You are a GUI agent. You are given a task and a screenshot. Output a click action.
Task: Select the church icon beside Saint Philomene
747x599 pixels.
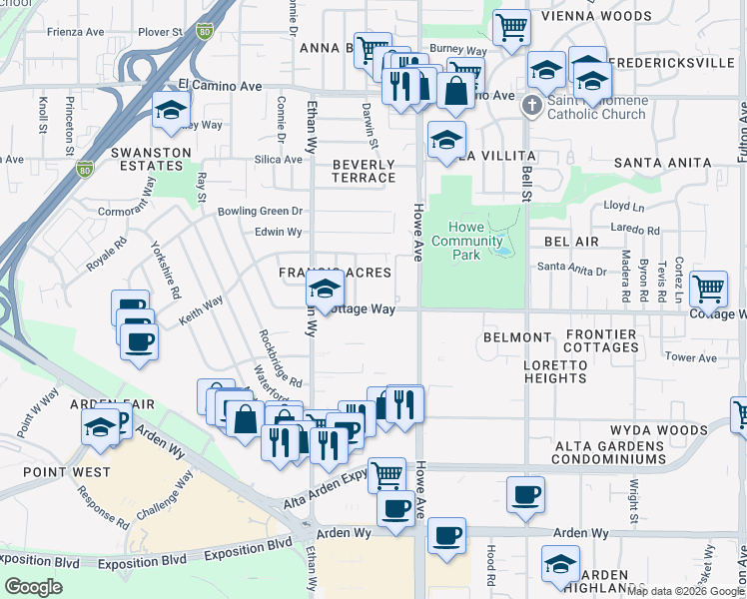(531, 105)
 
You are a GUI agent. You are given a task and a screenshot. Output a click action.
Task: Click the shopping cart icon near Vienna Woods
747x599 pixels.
(511, 26)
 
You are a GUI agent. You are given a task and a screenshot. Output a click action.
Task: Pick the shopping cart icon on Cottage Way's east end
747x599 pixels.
(708, 289)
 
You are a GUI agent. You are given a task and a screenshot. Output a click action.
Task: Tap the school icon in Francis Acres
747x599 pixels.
(325, 290)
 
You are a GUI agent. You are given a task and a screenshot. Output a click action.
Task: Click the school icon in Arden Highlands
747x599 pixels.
(560, 564)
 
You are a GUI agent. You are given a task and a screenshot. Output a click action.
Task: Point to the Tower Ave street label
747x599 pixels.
(691, 357)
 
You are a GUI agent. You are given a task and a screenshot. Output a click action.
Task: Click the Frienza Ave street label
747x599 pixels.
(76, 32)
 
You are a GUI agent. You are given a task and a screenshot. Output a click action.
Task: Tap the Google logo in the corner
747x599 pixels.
(33, 587)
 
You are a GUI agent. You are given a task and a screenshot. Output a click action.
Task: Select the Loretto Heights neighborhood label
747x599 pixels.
(554, 371)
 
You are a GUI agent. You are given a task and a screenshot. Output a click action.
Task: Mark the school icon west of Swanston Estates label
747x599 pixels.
(172, 112)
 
